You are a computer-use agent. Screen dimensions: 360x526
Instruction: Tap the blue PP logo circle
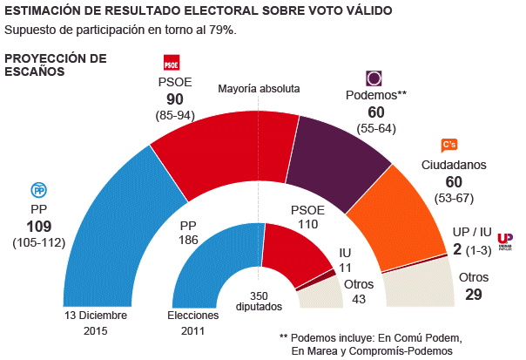tap(38, 190)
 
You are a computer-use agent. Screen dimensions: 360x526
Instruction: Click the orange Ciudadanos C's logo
tap(449, 145)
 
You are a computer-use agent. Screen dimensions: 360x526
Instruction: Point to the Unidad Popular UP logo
tap(504, 241)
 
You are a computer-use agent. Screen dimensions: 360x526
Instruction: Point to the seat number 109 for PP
tap(39, 227)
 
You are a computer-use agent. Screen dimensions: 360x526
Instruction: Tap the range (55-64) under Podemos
tap(376, 128)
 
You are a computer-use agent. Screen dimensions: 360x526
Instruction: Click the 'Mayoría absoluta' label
tap(259, 88)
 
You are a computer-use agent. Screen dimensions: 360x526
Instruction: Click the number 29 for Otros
tap(474, 296)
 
